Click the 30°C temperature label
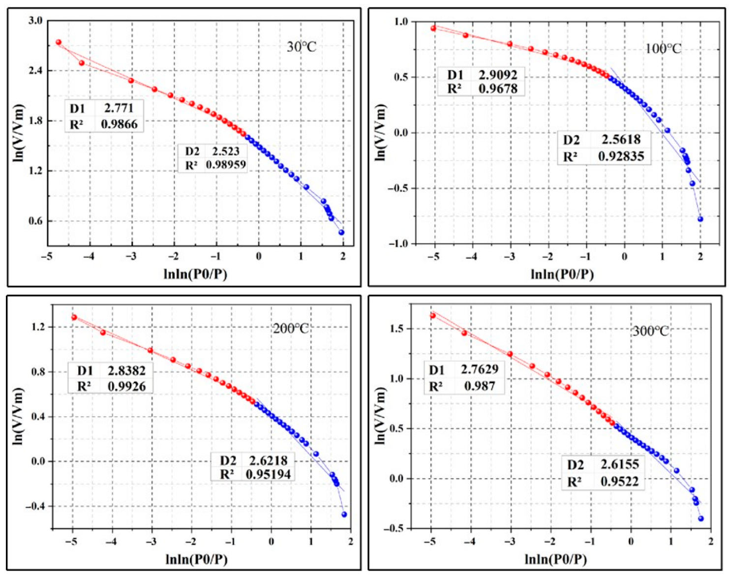point(302,47)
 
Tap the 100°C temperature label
point(663,48)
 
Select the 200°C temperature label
point(291,328)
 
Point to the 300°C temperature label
point(650,331)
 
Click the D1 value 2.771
point(119,108)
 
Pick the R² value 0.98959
point(226,164)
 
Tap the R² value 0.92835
point(621,156)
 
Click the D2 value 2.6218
point(268,460)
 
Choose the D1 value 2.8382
point(126,370)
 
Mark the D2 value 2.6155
point(619,464)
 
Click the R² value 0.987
point(480,386)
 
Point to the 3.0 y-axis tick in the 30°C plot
point(36,21)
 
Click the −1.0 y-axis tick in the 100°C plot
point(398,244)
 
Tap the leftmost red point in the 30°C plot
point(59,42)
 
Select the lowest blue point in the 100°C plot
point(700,219)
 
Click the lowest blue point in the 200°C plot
point(344,514)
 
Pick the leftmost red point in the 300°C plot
point(433,315)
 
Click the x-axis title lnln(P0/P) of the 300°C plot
point(555,559)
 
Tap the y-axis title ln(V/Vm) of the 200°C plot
point(19,416)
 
